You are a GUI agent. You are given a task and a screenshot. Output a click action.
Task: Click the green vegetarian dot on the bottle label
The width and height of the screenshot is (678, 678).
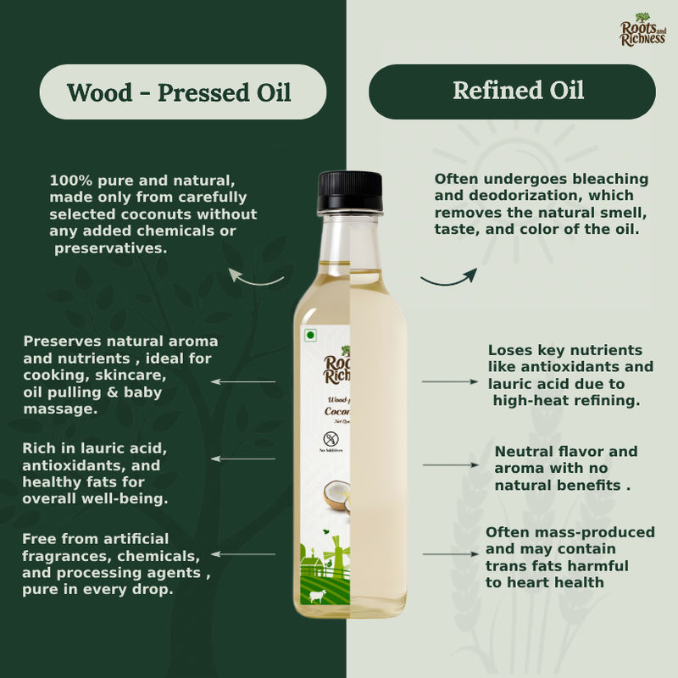click(x=310, y=336)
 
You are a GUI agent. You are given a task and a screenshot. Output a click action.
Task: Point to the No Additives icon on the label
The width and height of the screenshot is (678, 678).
click(x=331, y=441)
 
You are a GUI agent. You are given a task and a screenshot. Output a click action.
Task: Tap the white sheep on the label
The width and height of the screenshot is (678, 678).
click(x=317, y=597)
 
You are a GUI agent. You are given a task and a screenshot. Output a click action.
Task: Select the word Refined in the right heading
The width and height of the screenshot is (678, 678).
click(x=491, y=91)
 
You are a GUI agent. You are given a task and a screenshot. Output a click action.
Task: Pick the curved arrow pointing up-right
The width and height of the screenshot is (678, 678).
click(x=449, y=278)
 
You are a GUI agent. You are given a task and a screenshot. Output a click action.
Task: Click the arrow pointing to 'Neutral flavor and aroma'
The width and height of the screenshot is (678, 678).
click(x=450, y=465)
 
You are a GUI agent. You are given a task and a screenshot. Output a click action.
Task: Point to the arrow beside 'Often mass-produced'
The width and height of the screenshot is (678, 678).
click(x=450, y=554)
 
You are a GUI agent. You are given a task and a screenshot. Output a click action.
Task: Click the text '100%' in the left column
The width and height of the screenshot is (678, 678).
click(x=69, y=181)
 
